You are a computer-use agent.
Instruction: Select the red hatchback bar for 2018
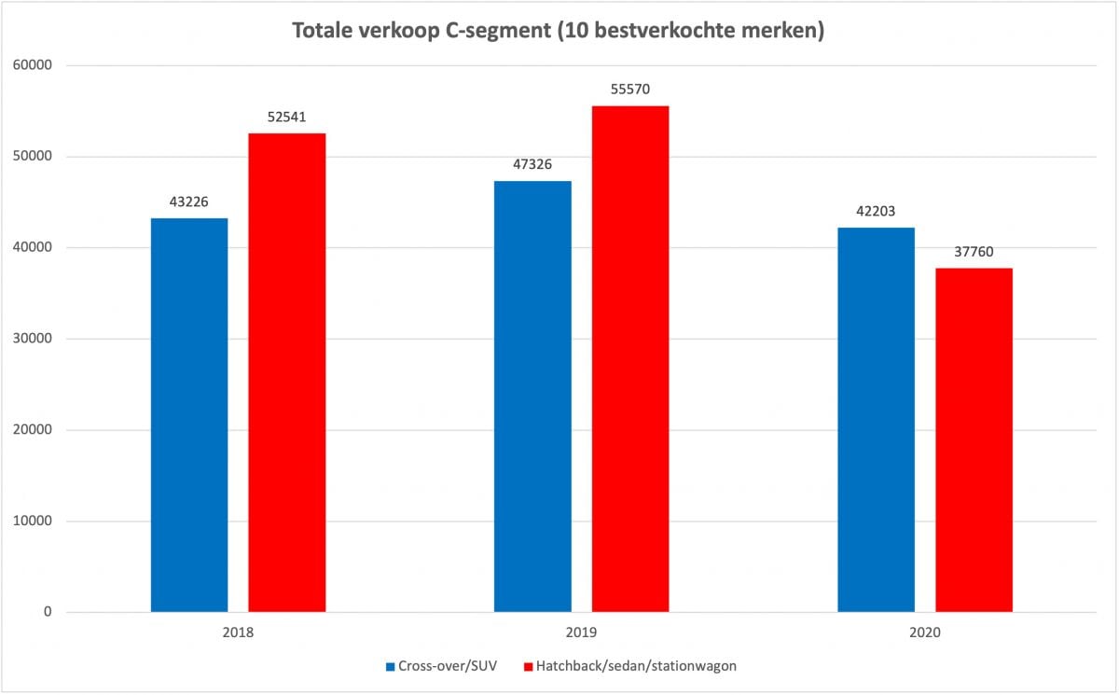287,373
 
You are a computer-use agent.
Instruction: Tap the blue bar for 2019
532,396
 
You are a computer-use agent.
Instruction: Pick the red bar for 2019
630,359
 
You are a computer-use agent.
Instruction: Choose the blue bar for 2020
877,420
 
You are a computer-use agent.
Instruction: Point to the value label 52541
287,118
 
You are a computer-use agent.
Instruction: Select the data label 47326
532,165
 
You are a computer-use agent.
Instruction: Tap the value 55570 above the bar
630,90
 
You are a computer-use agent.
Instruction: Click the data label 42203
877,212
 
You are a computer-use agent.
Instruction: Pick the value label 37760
974,252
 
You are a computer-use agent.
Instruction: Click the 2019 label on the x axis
582,632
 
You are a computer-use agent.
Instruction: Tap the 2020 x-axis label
925,632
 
